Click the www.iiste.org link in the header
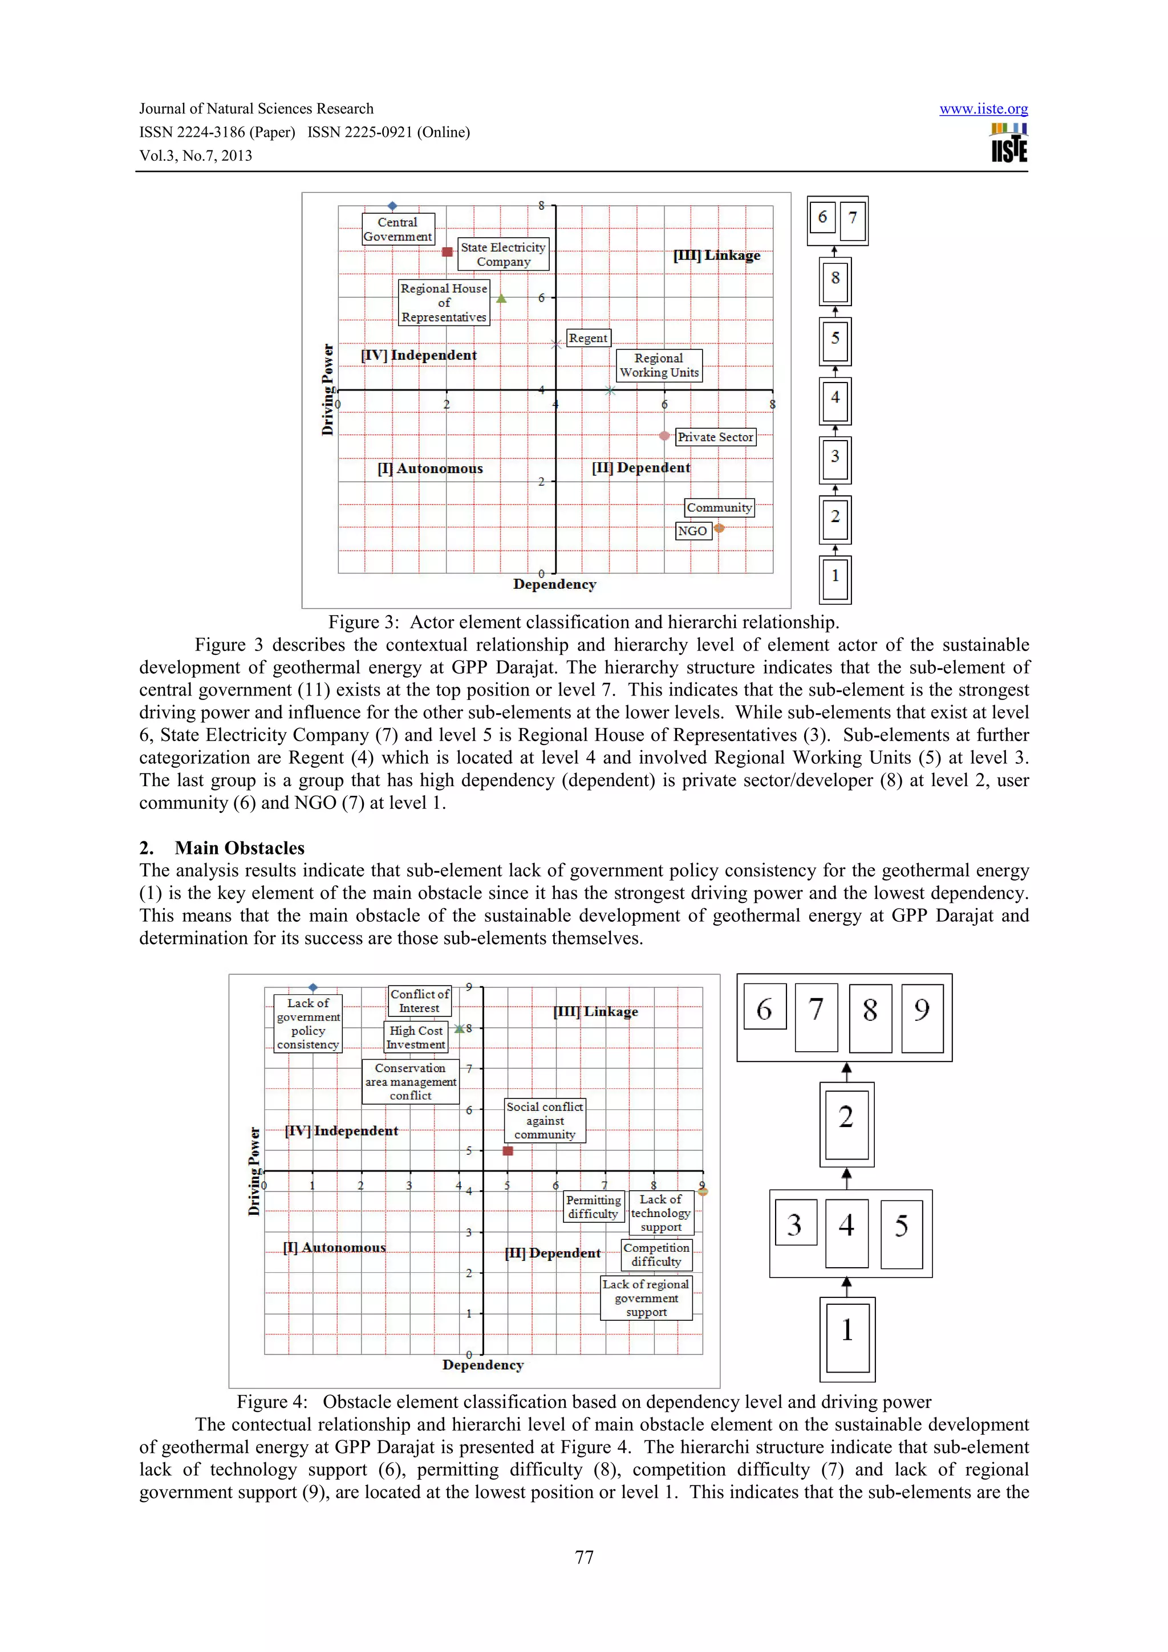click(x=983, y=109)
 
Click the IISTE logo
click(x=1009, y=143)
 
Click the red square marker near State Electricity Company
click(x=447, y=251)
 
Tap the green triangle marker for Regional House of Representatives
click(x=502, y=299)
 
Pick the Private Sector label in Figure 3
click(x=715, y=437)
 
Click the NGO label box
click(x=692, y=531)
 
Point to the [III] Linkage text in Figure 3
click(x=717, y=255)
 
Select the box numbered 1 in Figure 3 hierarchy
click(x=835, y=577)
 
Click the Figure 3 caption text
click(x=583, y=622)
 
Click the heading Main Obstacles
click(x=239, y=848)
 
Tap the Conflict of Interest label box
click(x=420, y=1001)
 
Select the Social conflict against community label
click(x=545, y=1120)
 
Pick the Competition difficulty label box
click(x=656, y=1254)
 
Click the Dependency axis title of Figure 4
click(x=483, y=1365)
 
